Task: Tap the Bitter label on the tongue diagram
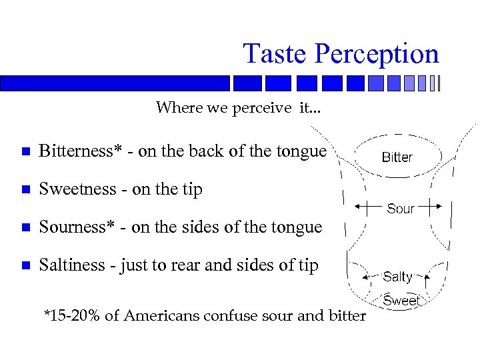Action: click(397, 157)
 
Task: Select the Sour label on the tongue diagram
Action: click(400, 209)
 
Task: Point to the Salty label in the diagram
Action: click(397, 276)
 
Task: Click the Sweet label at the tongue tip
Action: click(401, 301)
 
